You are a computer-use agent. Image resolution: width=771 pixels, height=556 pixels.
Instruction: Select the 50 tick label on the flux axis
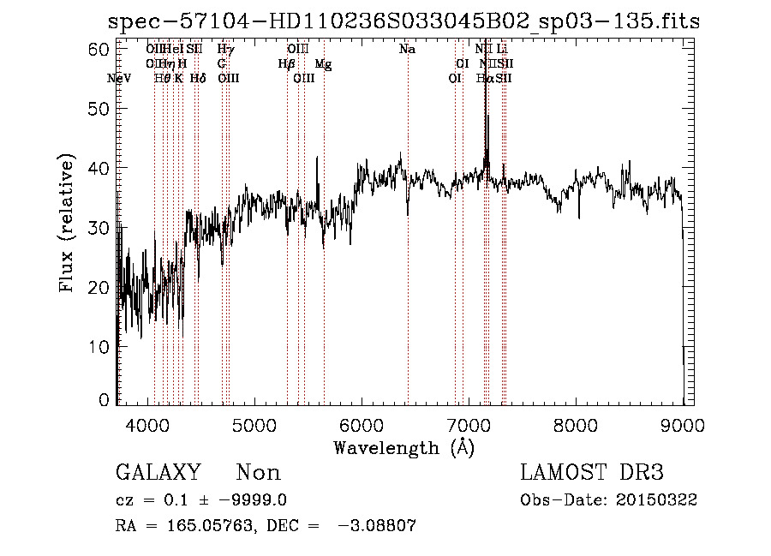coord(101,109)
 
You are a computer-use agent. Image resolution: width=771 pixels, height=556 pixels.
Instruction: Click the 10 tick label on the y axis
coord(101,346)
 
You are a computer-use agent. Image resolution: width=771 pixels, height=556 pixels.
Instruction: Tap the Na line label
coord(408,50)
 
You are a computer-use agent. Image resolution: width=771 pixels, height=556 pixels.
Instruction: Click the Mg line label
coord(324,64)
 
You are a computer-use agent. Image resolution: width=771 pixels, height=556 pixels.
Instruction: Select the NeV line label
coord(120,79)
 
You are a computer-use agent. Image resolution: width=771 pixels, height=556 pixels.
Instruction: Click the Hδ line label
coord(198,79)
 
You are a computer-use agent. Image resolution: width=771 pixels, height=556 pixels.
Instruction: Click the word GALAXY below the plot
coord(158,473)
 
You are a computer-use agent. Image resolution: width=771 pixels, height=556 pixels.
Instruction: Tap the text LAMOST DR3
coord(592,473)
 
